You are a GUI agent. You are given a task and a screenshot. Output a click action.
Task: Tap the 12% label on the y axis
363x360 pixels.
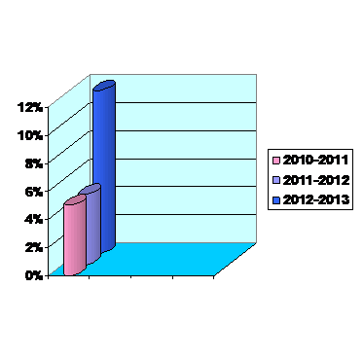31,107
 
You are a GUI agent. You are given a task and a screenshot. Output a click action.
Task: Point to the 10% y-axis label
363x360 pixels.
31,135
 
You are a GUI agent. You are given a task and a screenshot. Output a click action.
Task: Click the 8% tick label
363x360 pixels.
34,163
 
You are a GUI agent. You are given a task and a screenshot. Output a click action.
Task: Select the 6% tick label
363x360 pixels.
34,192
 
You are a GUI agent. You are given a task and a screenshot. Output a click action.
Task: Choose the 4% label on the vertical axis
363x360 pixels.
34,219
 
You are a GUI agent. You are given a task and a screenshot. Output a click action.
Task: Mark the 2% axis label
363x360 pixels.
34,247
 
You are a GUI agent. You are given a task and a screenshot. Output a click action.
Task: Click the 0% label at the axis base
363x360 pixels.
34,275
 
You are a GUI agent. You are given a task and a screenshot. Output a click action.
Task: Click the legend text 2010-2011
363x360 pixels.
315,160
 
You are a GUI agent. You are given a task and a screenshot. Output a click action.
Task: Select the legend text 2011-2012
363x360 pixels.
315,180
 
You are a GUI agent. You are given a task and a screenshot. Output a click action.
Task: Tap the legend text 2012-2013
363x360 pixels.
315,199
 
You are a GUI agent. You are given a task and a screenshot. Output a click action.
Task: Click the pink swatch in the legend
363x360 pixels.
276,161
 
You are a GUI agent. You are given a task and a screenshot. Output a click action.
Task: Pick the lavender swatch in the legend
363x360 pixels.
276,180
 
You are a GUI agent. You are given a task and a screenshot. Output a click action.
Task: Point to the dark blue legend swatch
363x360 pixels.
276,200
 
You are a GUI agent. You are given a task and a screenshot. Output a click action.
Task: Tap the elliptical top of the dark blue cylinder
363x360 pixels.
104,85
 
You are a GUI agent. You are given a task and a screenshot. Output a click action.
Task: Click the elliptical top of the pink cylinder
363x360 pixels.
75,199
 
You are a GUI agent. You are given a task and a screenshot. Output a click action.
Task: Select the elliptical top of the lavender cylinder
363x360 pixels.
90,189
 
